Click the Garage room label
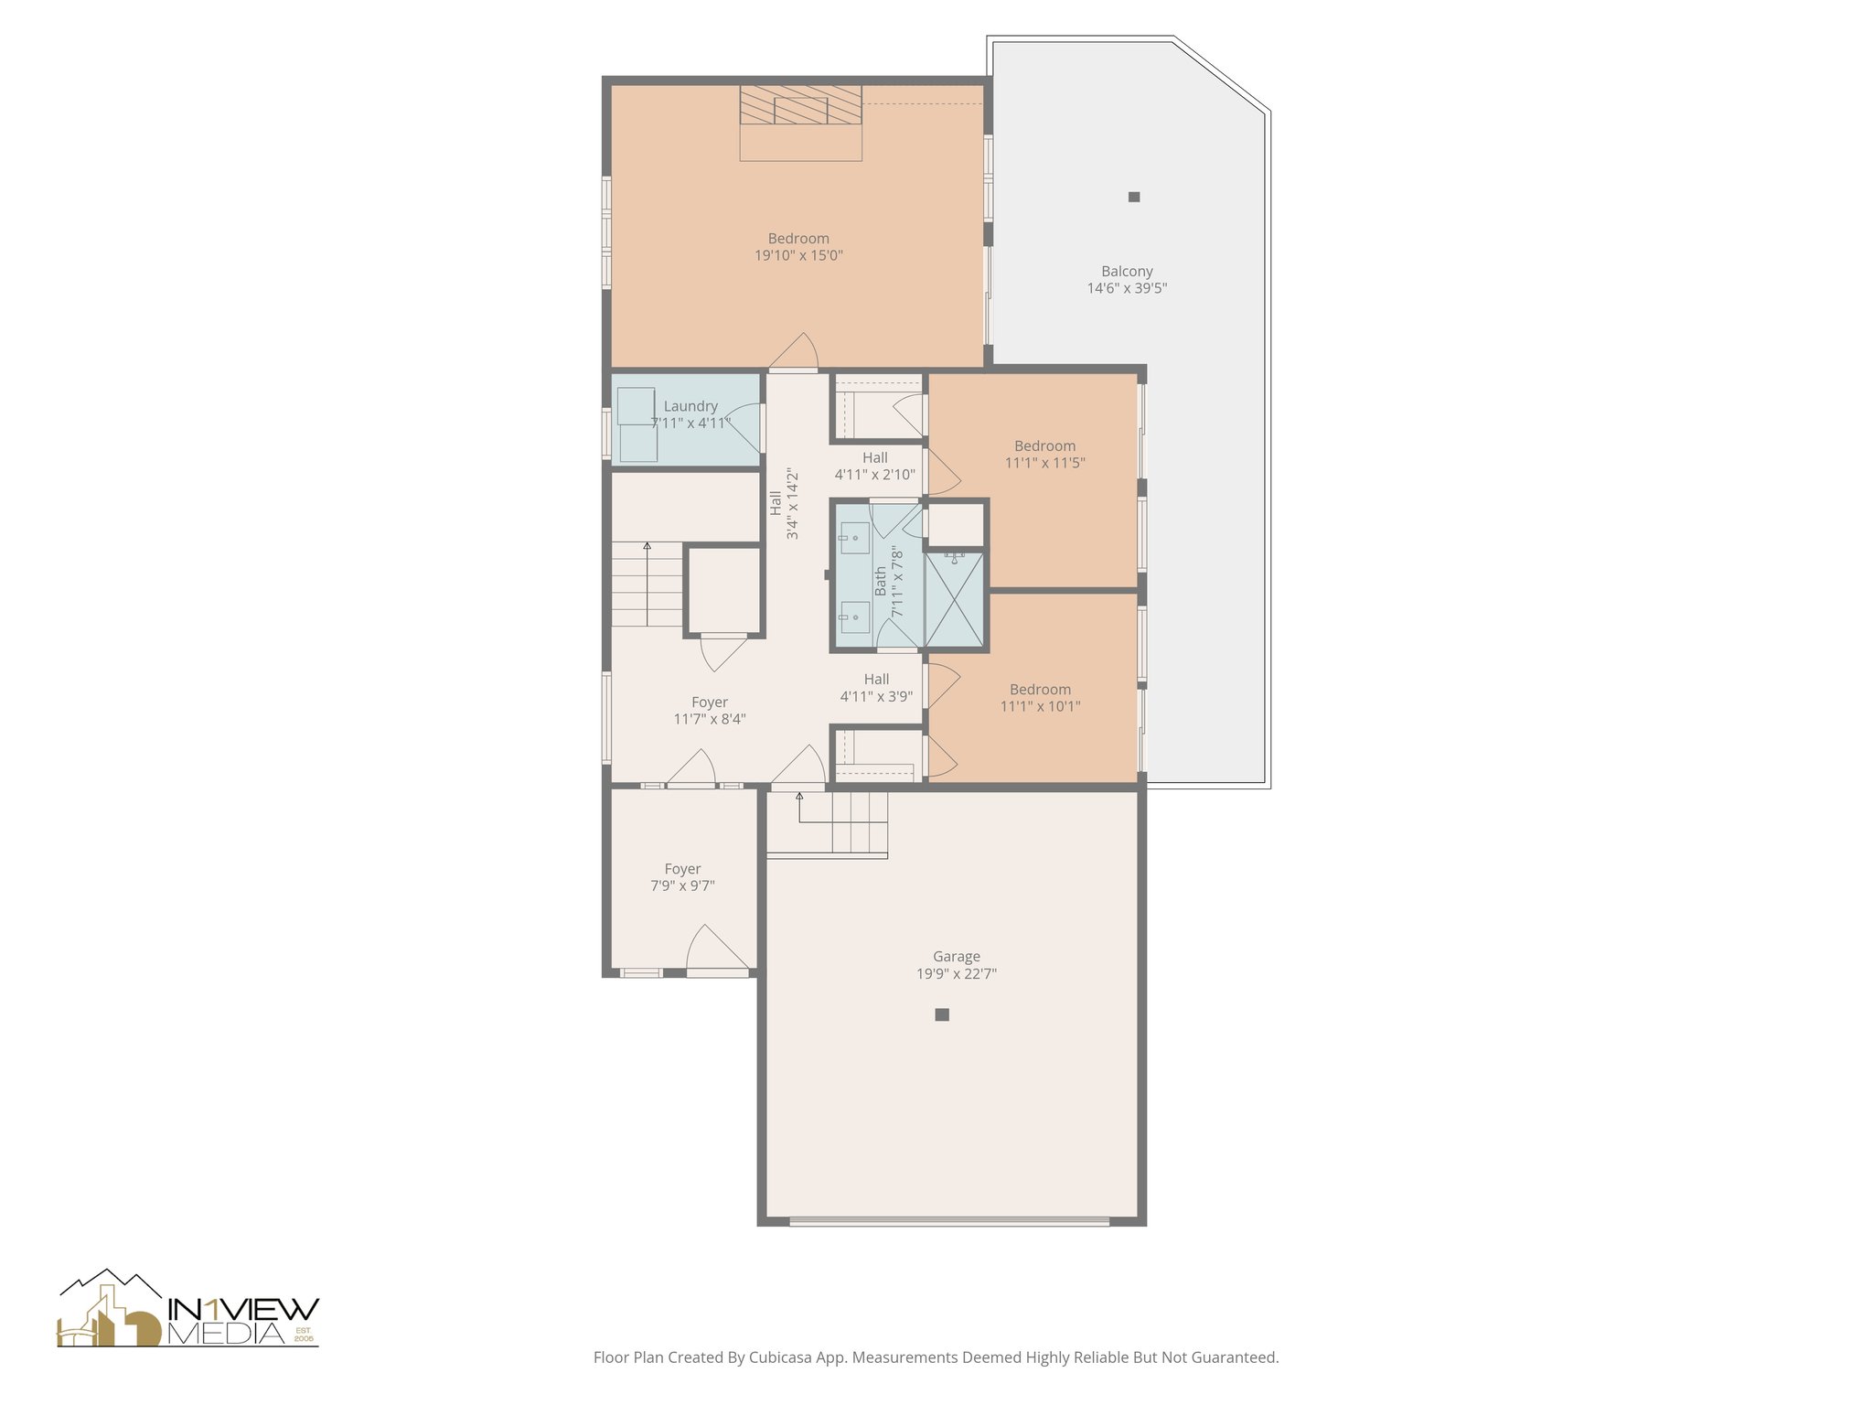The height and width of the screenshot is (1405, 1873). (x=956, y=957)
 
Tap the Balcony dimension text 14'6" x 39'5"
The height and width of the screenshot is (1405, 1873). (x=1127, y=288)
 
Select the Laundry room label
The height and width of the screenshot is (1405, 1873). (x=690, y=406)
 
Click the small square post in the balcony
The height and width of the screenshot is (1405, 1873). (x=1134, y=197)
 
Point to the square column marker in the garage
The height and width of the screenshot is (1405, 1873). (x=942, y=1014)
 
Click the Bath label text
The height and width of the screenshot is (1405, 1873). (x=880, y=581)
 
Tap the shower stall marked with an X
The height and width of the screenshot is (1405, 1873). (x=955, y=600)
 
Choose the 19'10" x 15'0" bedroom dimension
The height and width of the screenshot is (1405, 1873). (x=798, y=256)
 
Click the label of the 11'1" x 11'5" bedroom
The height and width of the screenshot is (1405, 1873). (x=1044, y=446)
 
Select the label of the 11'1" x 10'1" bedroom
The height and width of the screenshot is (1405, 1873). (x=1040, y=690)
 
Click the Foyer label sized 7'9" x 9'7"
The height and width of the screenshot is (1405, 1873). (x=682, y=869)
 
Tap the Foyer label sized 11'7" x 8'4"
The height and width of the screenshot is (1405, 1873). (x=710, y=702)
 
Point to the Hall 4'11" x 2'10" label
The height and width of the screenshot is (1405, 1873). (x=874, y=458)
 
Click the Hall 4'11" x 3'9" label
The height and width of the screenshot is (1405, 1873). (x=876, y=680)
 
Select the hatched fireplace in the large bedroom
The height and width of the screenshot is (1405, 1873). (x=800, y=105)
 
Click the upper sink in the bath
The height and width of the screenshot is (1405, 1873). (x=854, y=538)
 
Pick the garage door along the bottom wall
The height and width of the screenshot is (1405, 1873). (x=949, y=1220)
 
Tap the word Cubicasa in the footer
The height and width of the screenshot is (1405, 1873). (x=783, y=1357)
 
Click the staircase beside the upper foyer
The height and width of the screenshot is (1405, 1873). (x=647, y=584)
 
